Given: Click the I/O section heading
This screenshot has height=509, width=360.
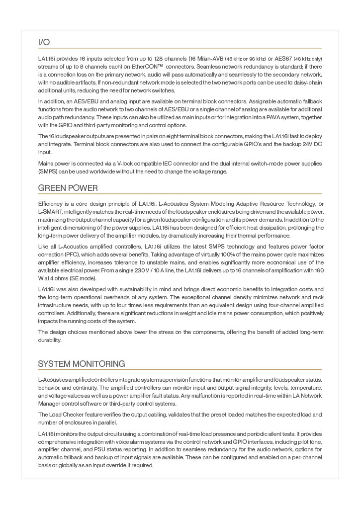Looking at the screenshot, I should click(44, 42).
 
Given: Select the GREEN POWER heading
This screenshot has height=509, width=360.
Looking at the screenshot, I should click(68, 188).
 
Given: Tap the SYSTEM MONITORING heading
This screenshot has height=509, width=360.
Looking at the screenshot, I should click(82, 364).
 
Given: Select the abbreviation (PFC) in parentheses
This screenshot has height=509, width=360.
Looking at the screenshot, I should click(47, 254).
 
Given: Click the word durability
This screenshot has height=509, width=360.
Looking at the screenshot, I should click(50, 340).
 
